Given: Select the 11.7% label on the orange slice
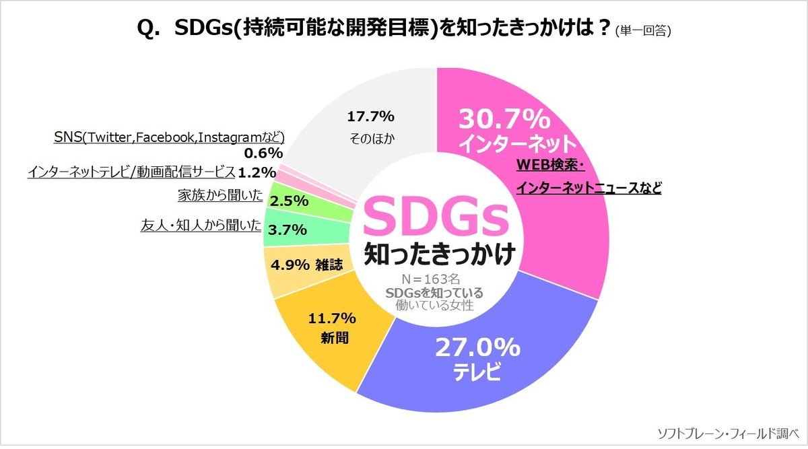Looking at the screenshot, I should [x=331, y=318].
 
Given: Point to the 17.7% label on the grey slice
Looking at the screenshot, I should [x=370, y=116].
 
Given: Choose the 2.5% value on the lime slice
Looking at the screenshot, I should [x=289, y=201].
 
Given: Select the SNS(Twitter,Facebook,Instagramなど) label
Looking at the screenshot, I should [x=169, y=137].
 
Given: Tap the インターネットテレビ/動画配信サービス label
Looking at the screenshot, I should [x=131, y=172].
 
